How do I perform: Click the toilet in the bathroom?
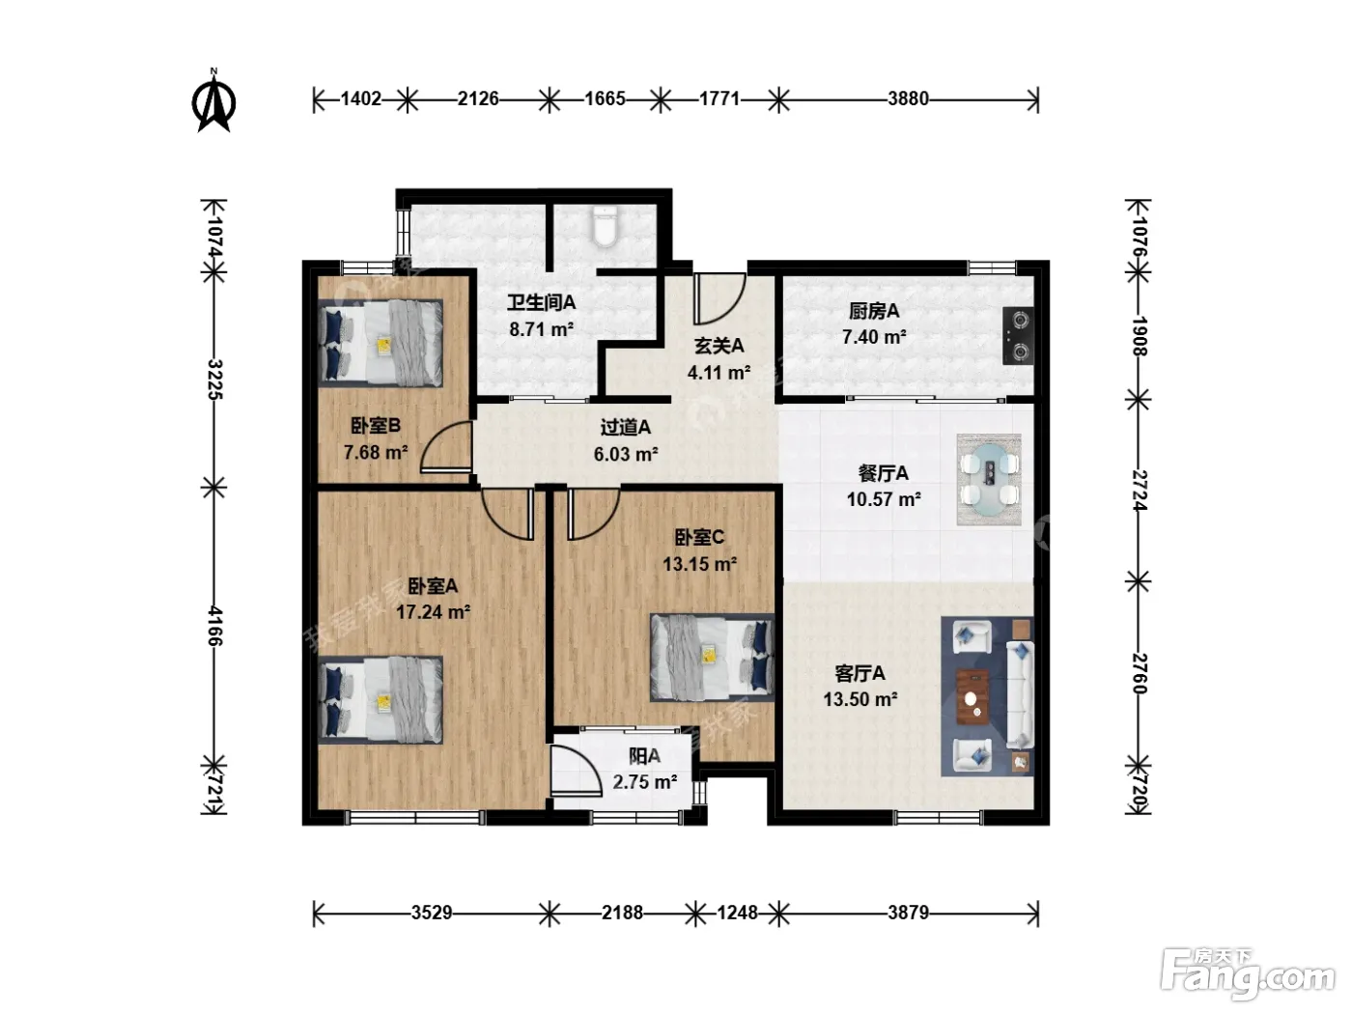pyautogui.click(x=606, y=227)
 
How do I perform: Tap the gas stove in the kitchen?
pyautogui.click(x=1018, y=335)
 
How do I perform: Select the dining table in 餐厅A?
pyautogui.click(x=989, y=480)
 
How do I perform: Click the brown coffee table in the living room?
pyautogui.click(x=973, y=696)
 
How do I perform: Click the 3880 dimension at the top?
pyautogui.click(x=908, y=99)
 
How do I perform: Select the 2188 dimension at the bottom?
pyautogui.click(x=622, y=913)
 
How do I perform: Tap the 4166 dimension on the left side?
pyautogui.click(x=214, y=625)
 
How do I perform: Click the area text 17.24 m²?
pyautogui.click(x=433, y=612)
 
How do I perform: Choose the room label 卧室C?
pyautogui.click(x=699, y=538)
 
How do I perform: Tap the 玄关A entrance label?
pyautogui.click(x=718, y=346)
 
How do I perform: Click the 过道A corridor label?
pyautogui.click(x=625, y=427)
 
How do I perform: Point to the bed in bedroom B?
pyautogui.click(x=380, y=343)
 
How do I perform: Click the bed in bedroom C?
pyautogui.click(x=713, y=658)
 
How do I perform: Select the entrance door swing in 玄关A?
pyautogui.click(x=718, y=299)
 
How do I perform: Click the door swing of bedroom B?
pyautogui.click(x=446, y=447)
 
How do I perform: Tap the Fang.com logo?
pyautogui.click(x=1248, y=974)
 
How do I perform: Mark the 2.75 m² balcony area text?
pyautogui.click(x=645, y=782)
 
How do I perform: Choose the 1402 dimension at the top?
pyautogui.click(x=361, y=99)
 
